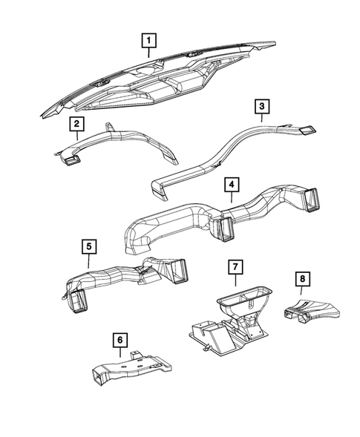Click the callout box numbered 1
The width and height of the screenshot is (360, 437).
point(150,39)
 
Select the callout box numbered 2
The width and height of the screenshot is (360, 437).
point(77,124)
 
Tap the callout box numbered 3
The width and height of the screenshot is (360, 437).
point(262,108)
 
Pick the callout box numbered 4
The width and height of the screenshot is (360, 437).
point(233,184)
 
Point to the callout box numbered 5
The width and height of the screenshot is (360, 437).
point(88,246)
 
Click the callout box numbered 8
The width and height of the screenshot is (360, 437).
point(302,279)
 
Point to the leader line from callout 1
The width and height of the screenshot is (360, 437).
point(150,53)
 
